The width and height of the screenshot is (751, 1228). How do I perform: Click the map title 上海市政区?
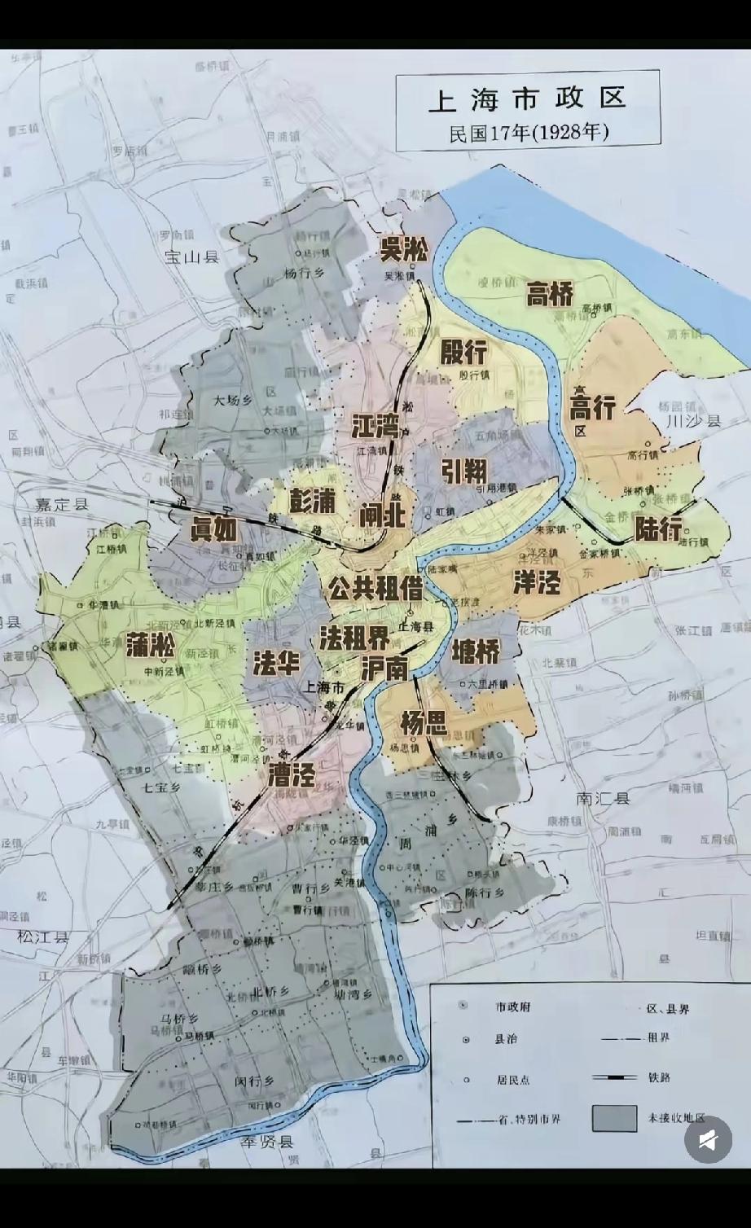coord(527,99)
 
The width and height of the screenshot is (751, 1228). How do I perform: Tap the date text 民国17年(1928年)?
coord(529,133)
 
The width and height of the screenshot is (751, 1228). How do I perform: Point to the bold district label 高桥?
coord(550,294)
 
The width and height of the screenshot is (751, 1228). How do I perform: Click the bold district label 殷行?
coord(463,352)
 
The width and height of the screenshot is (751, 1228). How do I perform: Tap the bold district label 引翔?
coord(464,470)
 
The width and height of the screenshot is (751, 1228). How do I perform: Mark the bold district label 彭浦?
coord(312,501)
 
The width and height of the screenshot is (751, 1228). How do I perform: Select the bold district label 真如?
coord(213,529)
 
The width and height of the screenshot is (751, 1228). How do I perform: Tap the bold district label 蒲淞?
coord(151,646)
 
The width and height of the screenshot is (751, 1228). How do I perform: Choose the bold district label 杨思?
coord(424,721)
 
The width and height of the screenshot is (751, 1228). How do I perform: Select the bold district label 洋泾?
coord(537,582)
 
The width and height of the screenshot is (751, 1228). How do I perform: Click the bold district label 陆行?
coord(659,529)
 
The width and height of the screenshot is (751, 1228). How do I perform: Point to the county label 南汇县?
coord(603,799)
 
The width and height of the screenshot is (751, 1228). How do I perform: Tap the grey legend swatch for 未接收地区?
coord(614,1118)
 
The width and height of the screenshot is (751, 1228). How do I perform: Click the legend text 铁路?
coord(659,1077)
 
